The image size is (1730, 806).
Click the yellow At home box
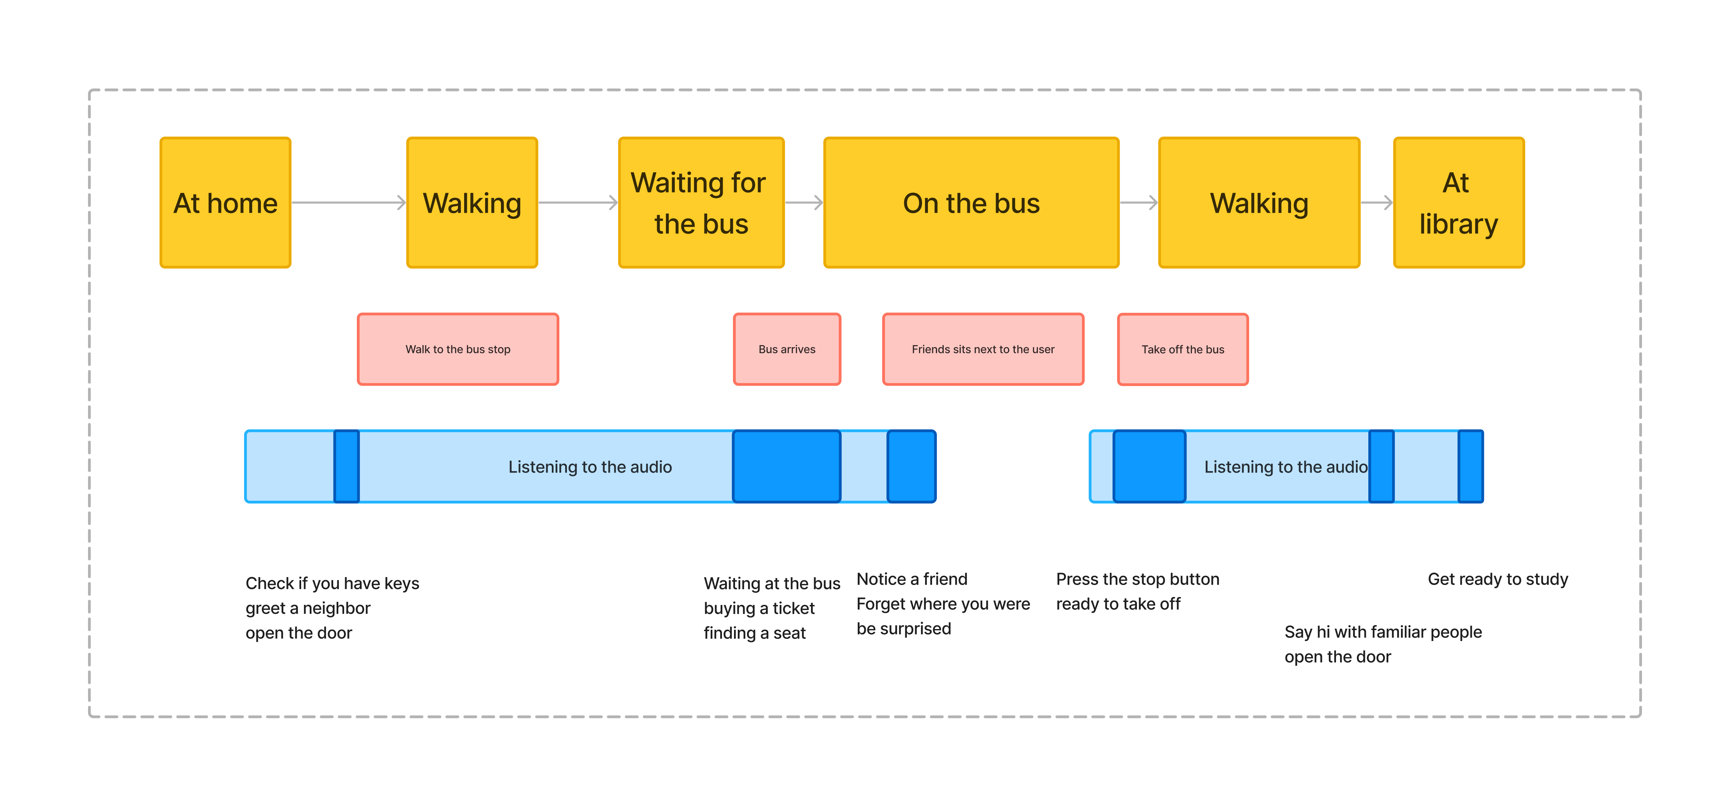[225, 203]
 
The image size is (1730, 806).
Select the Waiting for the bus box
[701, 203]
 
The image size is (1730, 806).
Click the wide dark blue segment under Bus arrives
[786, 466]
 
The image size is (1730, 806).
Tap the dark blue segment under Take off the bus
[1149, 466]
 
